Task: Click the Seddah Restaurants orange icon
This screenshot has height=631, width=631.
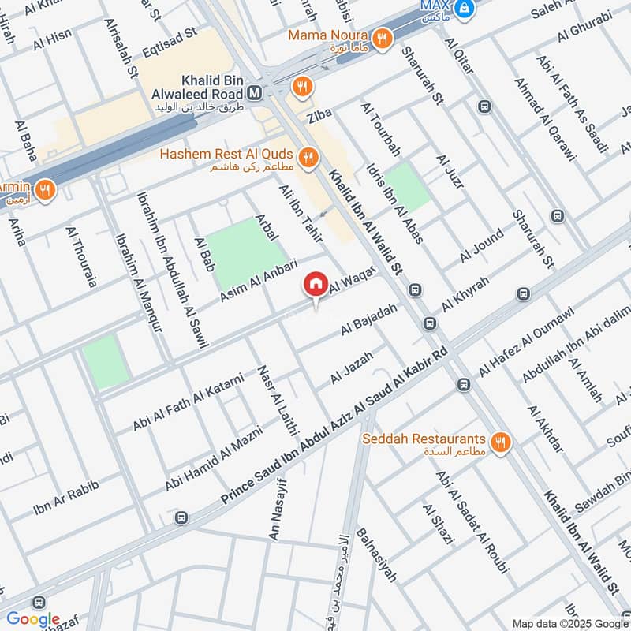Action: [498, 443]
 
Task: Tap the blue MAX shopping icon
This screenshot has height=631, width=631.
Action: [467, 8]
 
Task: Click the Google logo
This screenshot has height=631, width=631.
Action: [33, 619]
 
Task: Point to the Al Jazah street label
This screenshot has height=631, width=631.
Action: [352, 368]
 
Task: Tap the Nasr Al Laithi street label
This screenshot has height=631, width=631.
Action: [275, 401]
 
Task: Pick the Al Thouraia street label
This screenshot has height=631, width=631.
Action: [80, 256]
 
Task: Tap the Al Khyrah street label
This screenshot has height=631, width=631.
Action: [465, 293]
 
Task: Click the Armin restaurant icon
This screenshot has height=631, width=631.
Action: [44, 189]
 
